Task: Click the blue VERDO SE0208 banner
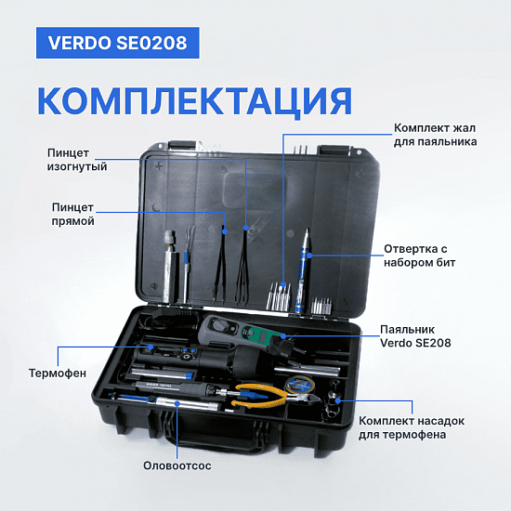(x=118, y=43)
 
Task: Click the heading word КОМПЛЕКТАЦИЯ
(x=195, y=101)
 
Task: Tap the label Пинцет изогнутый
(x=77, y=160)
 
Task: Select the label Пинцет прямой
(x=73, y=214)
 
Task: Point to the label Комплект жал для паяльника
(x=435, y=135)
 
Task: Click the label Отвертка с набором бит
(x=419, y=255)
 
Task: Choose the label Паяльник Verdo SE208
(x=415, y=336)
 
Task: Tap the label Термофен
(x=58, y=373)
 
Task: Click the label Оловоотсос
(x=177, y=465)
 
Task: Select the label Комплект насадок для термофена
(x=412, y=427)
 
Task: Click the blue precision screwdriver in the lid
(x=302, y=271)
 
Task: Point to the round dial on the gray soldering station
(x=217, y=324)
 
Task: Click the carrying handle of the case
(x=216, y=435)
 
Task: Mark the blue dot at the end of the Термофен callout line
(x=151, y=347)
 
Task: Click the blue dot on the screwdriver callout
(x=309, y=255)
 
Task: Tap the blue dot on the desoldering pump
(x=177, y=403)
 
